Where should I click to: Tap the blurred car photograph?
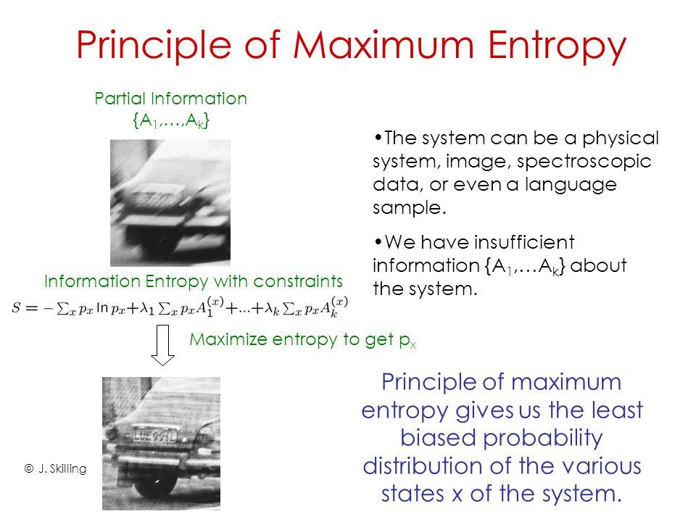pos(170,202)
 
